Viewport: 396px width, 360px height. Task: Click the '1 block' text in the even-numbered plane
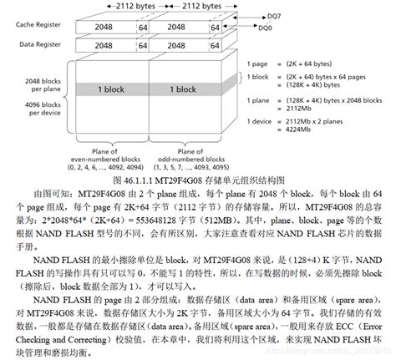(112, 89)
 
